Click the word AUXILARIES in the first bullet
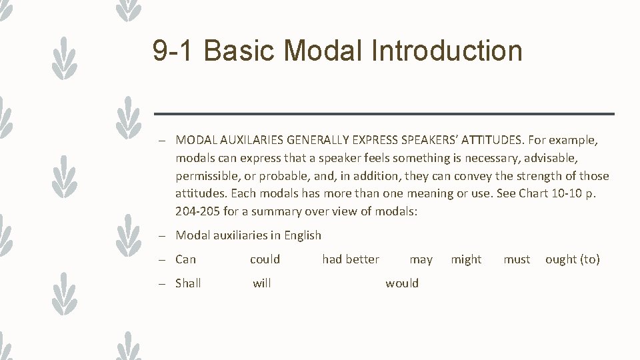248,140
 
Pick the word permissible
207,176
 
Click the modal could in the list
265,259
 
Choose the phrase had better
351,259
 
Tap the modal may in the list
421,259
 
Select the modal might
466,259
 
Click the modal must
517,259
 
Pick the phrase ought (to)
573,259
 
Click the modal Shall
188,283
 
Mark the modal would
402,283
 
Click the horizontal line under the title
384,114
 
